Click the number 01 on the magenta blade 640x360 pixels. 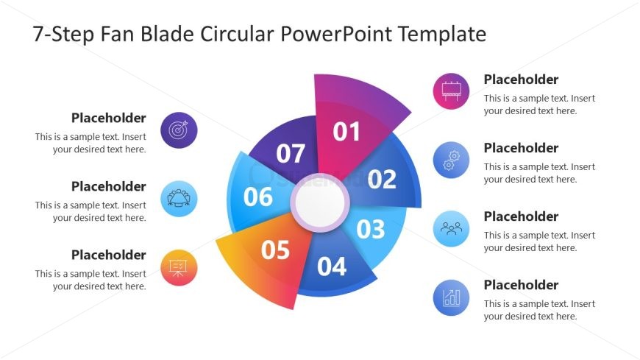346,132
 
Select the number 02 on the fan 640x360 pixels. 382,179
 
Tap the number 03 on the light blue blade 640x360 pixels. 371,230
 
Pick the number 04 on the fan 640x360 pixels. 332,266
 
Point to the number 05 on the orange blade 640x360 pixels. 276,250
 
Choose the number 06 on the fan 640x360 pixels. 258,197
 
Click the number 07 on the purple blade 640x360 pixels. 291,154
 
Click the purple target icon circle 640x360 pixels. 178,130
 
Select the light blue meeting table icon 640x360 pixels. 178,199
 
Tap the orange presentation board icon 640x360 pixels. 178,267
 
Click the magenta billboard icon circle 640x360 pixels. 451,91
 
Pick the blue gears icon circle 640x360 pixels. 451,160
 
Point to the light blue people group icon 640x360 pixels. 451,228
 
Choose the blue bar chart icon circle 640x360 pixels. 451,297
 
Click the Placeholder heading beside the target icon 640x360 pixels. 108,118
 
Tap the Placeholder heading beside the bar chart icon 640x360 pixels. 521,285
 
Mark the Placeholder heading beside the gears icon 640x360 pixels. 521,148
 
